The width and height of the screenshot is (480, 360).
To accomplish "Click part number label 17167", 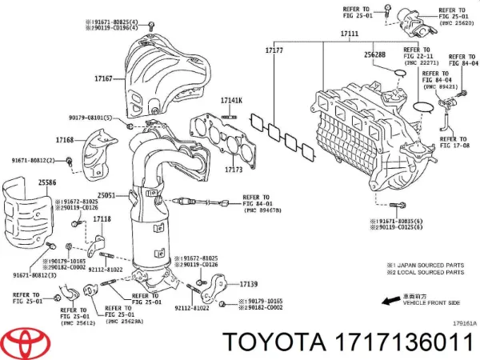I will click(103, 79).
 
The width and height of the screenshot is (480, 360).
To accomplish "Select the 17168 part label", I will click(64, 141).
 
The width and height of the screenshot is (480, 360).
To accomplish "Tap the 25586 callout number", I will click(23, 183).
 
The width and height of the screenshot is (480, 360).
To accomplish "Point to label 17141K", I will click(232, 100).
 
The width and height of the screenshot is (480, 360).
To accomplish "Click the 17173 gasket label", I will click(233, 170).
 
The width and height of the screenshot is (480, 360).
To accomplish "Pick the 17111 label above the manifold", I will click(349, 34).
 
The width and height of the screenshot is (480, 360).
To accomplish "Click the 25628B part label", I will click(374, 55).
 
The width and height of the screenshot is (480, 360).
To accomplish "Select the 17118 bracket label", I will click(102, 219).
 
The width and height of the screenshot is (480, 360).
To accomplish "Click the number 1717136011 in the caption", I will click(403, 342).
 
